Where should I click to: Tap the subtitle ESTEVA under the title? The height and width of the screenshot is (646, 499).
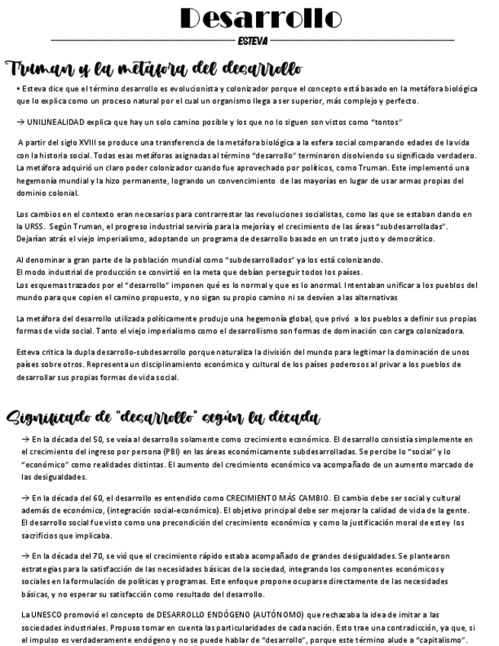point(252,40)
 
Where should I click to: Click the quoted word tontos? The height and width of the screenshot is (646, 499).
point(385,122)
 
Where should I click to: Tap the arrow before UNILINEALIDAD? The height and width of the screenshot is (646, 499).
point(20,122)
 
